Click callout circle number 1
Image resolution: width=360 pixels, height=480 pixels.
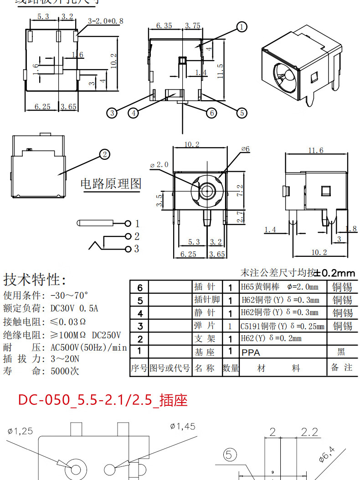pos(242,27)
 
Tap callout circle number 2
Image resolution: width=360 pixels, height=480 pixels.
pos(105,154)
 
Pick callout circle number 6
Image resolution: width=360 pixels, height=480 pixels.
pos(211,112)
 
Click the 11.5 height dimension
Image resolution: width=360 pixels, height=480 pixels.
pos(220,70)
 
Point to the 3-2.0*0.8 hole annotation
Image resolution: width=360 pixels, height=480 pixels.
pos(105,21)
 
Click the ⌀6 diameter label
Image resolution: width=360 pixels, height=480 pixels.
pos(245,149)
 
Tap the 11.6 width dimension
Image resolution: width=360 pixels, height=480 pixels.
pos(315,150)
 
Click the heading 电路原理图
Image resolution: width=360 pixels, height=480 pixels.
pos(111,184)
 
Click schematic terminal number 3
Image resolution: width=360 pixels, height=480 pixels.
pos(136,249)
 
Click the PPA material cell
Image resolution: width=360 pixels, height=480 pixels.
pos(251,352)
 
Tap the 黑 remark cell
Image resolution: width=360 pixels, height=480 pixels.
pos(341,352)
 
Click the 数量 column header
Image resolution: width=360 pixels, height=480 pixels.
pos(231,368)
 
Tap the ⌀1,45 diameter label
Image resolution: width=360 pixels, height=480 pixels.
pos(182,426)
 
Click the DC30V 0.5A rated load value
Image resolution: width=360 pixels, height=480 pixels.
pos(74,308)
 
